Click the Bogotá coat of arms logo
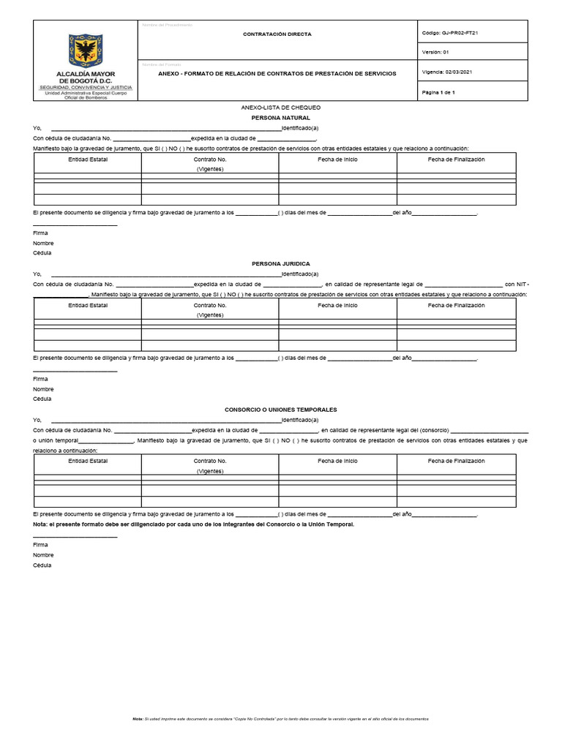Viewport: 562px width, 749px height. [x=85, y=50]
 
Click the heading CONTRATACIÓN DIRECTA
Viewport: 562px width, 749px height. [x=277, y=34]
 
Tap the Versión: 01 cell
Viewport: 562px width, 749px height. [x=435, y=53]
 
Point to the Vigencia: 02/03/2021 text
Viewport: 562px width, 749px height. [x=448, y=72]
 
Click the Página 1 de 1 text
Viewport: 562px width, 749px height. [x=439, y=93]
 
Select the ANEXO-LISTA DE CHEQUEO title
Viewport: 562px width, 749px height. [x=281, y=108]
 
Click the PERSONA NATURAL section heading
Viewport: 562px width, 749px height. [x=281, y=118]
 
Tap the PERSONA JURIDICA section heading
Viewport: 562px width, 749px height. [x=281, y=263]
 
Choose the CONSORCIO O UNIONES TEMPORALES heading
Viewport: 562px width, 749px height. [x=281, y=410]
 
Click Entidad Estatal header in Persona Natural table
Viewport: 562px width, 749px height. [x=88, y=159]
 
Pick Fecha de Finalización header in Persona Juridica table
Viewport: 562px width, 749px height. [x=456, y=306]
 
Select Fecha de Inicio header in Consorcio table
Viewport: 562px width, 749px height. [x=337, y=462]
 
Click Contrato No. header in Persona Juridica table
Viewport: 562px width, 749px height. [x=210, y=306]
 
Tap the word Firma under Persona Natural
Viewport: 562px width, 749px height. [x=40, y=233]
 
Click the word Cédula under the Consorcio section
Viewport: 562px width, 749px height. [x=42, y=565]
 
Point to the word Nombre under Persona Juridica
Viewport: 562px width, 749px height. [x=43, y=389]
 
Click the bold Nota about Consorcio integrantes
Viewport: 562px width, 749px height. [x=194, y=524]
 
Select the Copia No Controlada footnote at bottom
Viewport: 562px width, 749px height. [x=280, y=719]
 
